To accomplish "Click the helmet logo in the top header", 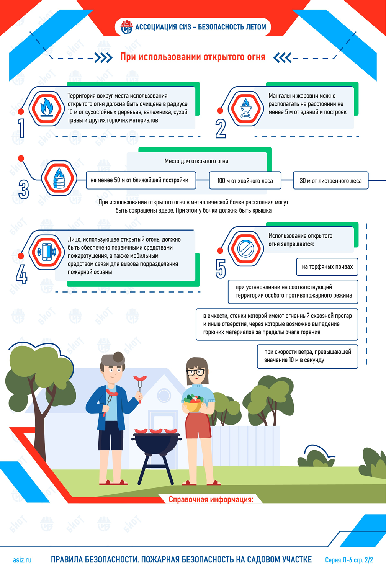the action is point(127,27).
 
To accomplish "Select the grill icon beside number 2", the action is point(246,108).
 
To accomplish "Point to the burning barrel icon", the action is point(59,178).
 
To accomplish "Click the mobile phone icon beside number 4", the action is point(47,252).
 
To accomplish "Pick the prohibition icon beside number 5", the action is point(246,248).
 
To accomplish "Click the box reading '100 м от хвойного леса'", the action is point(245,180).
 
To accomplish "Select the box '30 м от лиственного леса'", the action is point(330,180).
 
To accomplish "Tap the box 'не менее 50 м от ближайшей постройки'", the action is point(141,180).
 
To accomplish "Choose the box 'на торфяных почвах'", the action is point(327,266).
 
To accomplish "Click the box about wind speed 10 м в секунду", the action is point(307,356).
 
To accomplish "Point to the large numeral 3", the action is point(24,189).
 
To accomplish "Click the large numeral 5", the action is point(221,269).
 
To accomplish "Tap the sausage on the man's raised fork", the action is point(140,378).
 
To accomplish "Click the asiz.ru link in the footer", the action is point(22,560).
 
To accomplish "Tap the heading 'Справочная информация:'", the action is point(211,499).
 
